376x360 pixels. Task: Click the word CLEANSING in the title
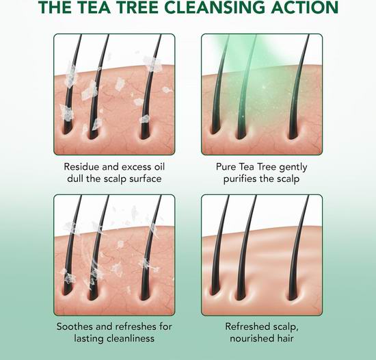pos(215,8)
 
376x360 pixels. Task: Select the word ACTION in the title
pos(304,8)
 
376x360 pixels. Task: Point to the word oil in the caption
pos(159,166)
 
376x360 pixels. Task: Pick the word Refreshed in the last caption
pos(247,326)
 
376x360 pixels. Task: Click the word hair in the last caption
pos(284,338)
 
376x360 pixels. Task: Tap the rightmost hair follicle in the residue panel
pos(146,134)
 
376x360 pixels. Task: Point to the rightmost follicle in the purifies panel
pos(293,134)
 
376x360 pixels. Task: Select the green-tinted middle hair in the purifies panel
pos(246,86)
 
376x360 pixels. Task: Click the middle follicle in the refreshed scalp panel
pos(241,294)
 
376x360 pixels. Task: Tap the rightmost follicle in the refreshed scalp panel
pos(293,294)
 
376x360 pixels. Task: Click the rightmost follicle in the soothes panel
pos(146,294)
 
